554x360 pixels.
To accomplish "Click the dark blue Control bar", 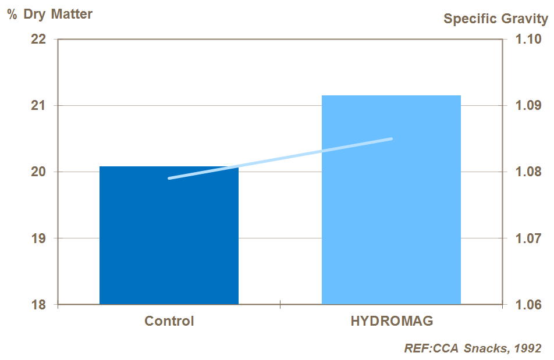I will [x=169, y=235].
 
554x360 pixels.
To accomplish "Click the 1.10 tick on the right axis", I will [x=528, y=40].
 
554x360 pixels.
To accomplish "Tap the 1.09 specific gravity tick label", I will [x=528, y=106].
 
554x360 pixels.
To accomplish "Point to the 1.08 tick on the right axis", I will [x=528, y=172].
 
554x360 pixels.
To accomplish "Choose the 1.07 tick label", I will [x=528, y=238].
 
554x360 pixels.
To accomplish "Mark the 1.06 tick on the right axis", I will [x=528, y=305].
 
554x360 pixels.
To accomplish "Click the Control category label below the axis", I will [x=169, y=321].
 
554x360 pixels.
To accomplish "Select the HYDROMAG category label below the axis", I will [x=392, y=321].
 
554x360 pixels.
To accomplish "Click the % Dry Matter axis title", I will [x=50, y=14].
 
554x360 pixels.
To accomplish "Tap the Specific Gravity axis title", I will [x=495, y=19].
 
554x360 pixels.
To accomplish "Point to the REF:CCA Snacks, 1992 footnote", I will [x=473, y=348].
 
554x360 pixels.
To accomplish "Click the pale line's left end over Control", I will [x=169, y=178].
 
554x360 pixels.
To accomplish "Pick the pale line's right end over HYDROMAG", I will [x=391, y=138].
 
